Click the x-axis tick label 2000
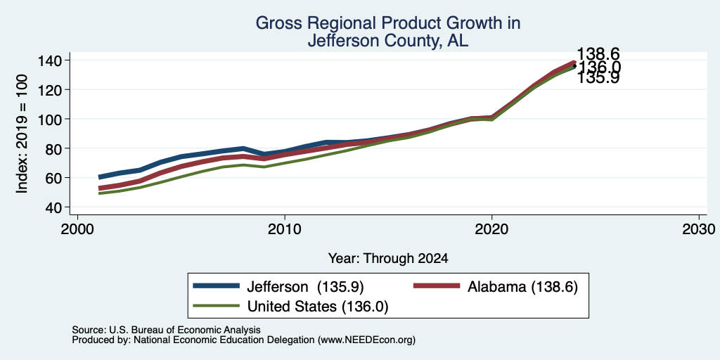(x=77, y=229)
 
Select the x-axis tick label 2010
(x=285, y=229)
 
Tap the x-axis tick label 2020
(x=491, y=229)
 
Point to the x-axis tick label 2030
(x=699, y=229)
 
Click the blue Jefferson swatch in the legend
(x=217, y=286)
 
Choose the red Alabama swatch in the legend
(x=437, y=286)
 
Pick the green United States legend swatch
(x=217, y=306)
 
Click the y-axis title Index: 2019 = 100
(x=22, y=134)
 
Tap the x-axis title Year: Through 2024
(x=388, y=259)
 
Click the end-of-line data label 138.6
(x=598, y=53)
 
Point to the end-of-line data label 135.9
(x=598, y=77)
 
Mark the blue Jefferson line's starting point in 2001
(x=100, y=176)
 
